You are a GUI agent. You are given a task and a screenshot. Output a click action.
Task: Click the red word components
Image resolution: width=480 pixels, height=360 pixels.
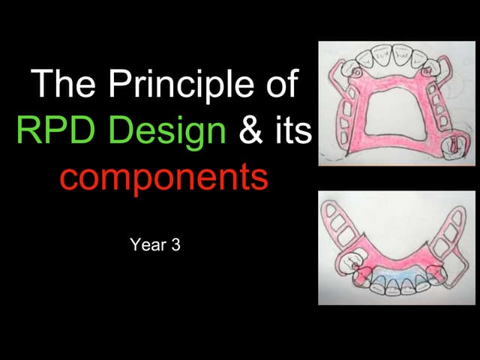click(163, 178)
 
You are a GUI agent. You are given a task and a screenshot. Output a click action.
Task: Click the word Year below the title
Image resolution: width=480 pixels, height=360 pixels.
click(145, 244)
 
